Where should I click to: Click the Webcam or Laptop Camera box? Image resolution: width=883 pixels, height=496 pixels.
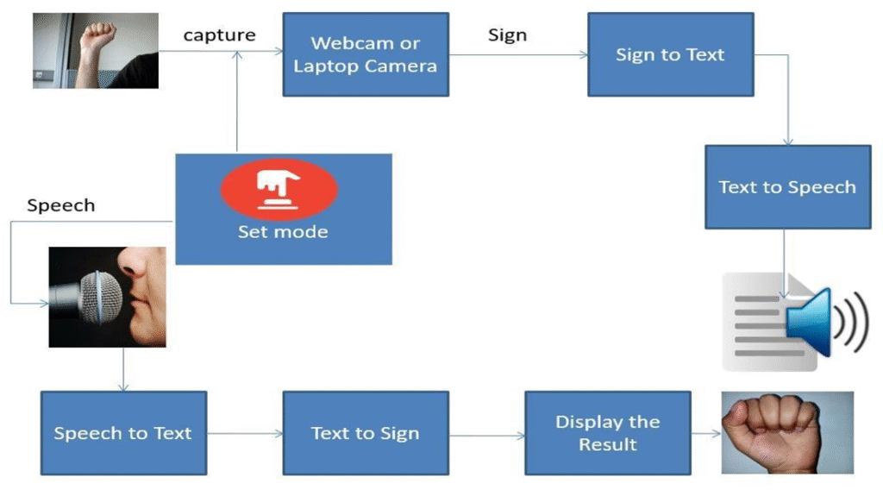pos(366,54)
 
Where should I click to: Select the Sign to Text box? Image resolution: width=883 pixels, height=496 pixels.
pos(670,54)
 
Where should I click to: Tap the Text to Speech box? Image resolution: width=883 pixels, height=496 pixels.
pos(787,187)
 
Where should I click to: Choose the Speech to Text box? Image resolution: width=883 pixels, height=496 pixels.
pos(123,433)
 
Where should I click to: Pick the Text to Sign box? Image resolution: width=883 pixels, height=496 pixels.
pos(366,433)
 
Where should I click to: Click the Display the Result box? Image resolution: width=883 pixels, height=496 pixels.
pos(608,433)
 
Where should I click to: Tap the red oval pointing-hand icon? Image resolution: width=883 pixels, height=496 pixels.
pos(279,189)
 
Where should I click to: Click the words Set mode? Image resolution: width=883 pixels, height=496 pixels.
pos(283,232)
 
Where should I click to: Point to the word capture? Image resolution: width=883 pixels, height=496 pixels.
pos(219,35)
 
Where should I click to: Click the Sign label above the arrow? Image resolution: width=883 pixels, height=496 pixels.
pos(507,35)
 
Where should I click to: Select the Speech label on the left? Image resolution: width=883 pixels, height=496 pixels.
pos(60,205)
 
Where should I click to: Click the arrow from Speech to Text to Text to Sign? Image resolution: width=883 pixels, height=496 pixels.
pos(245,434)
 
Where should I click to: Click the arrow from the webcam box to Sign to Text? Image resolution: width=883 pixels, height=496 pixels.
pos(518,55)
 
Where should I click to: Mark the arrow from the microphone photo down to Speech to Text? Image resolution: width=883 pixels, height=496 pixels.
pos(124,368)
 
